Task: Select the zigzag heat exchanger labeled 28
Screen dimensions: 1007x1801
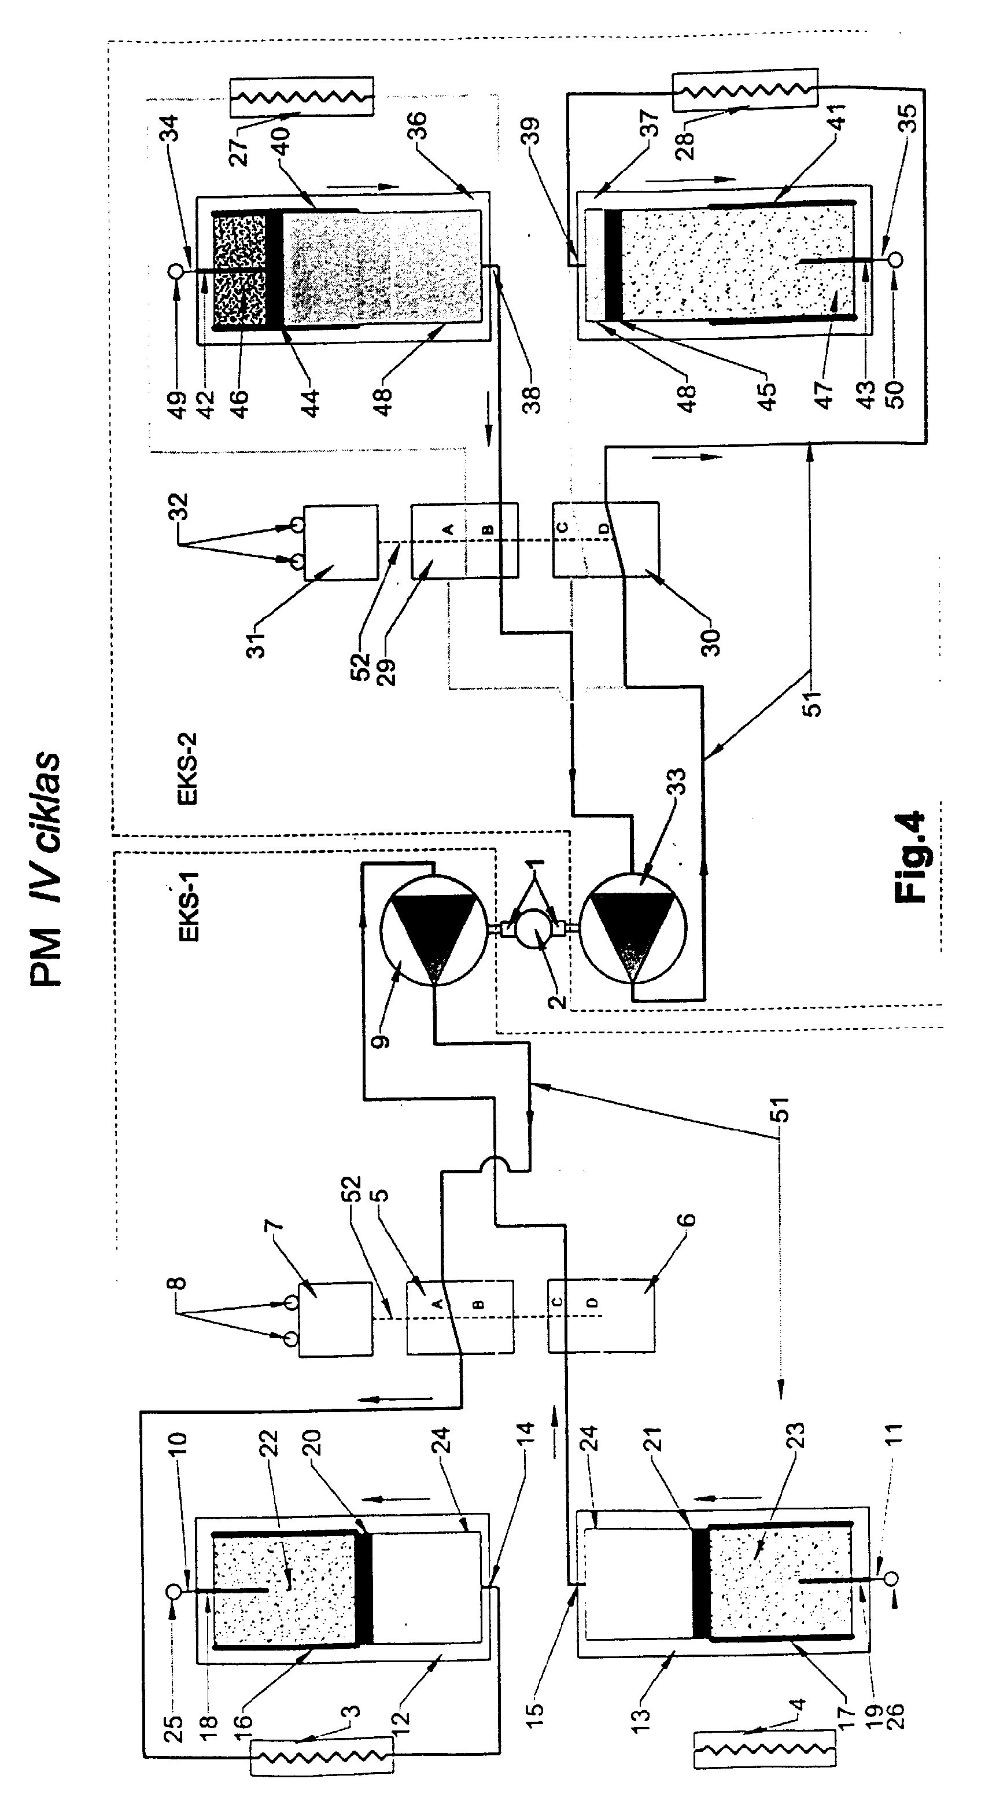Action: [x=744, y=89]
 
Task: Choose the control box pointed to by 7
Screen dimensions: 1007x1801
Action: [x=335, y=1320]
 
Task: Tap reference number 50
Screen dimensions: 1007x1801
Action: [x=895, y=393]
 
